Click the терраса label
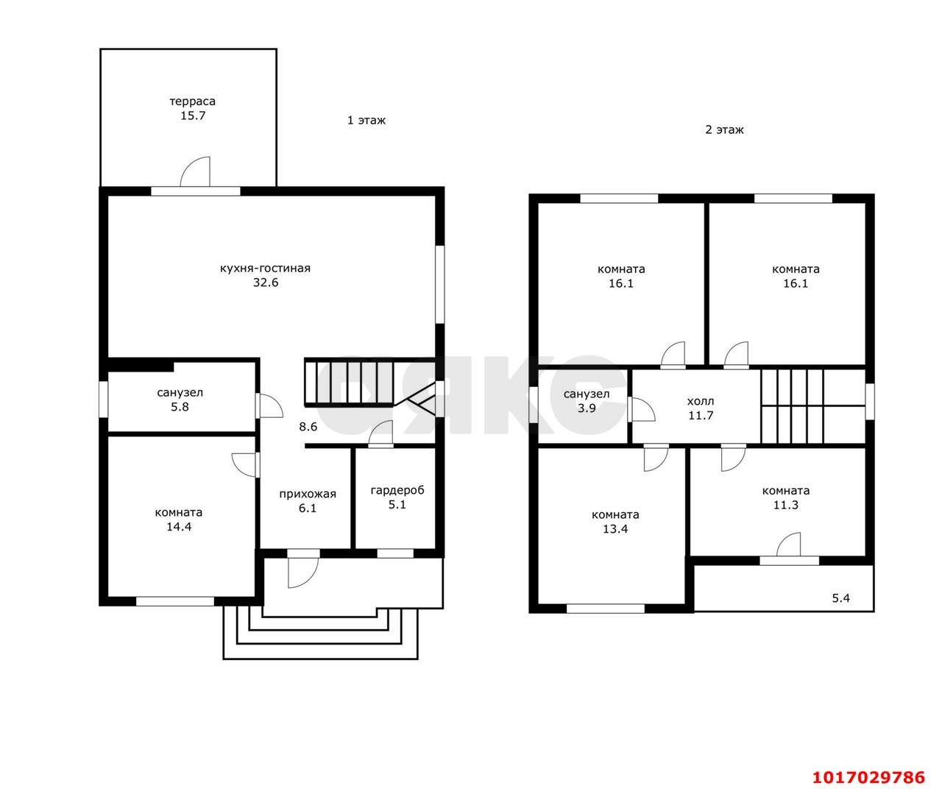193,102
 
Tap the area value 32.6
266,283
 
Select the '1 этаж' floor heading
366,121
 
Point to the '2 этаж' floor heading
725,130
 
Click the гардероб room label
397,491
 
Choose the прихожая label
308,494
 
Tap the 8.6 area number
308,427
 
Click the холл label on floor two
701,401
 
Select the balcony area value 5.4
841,598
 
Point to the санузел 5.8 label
180,400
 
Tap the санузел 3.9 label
587,401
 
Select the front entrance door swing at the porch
303,573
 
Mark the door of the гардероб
380,433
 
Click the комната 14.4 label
179,519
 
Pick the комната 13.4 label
615,522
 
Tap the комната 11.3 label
786,497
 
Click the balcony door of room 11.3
789,546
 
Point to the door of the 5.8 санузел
270,405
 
